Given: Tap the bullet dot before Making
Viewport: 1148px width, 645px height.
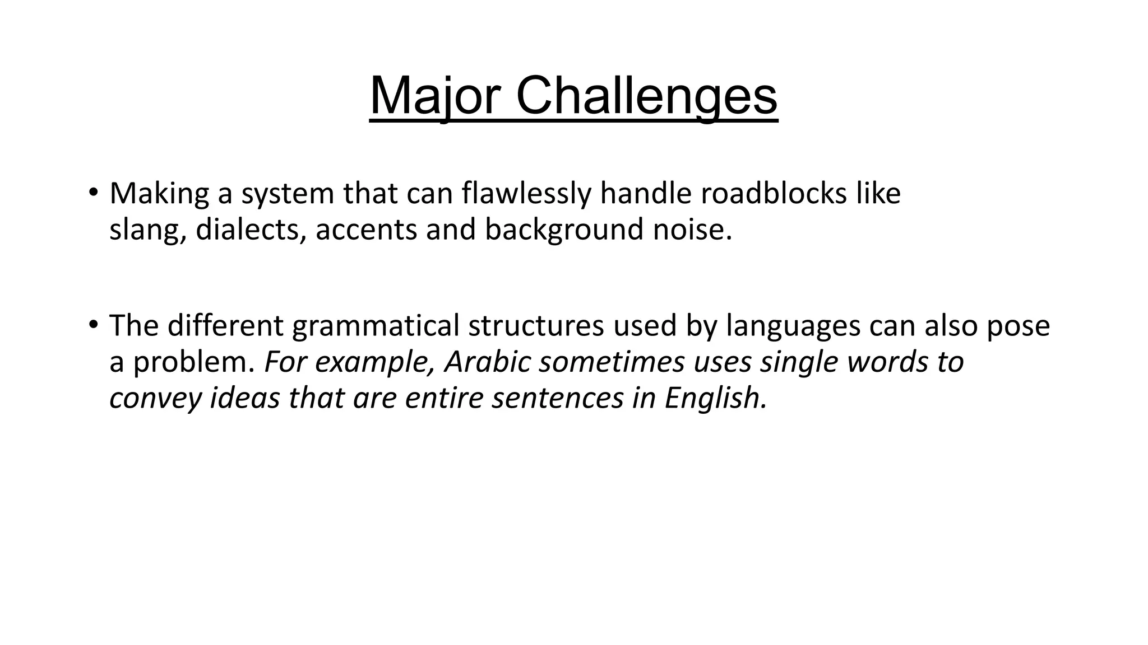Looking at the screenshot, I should (x=93, y=192).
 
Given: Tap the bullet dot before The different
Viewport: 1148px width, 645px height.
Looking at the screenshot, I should (x=93, y=324).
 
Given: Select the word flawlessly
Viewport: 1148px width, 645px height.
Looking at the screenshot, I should (x=526, y=193).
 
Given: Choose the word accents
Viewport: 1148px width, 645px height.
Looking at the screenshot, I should (x=366, y=230).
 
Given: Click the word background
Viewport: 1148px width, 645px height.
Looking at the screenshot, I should (x=564, y=230).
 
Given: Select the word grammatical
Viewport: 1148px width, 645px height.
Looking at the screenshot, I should (x=376, y=326).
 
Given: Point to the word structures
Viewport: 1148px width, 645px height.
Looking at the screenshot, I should (x=536, y=326).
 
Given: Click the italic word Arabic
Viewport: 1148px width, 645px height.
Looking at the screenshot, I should (x=487, y=362).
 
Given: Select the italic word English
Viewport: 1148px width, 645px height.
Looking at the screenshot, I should (x=715, y=398).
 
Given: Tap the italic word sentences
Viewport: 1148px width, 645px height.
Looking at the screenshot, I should (x=558, y=398).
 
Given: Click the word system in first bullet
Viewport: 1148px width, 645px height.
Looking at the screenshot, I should (x=288, y=193).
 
